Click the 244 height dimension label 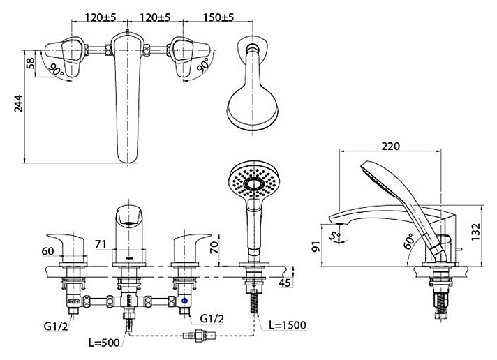click(19, 103)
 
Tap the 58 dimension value click(31, 63)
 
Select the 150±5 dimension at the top click(218, 17)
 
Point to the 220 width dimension click(390, 146)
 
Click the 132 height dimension click(476, 232)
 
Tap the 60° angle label click(410, 241)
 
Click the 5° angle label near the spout click(335, 236)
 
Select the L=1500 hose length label click(288, 325)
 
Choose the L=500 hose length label click(104, 343)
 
